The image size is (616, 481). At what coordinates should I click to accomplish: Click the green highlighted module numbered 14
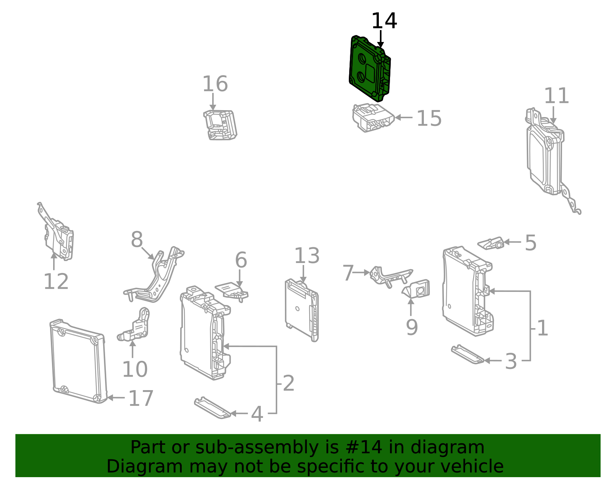(369, 69)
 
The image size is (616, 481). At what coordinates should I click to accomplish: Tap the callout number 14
(384, 21)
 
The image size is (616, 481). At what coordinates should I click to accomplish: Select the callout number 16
(215, 84)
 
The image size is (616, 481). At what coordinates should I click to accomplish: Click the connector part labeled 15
(373, 117)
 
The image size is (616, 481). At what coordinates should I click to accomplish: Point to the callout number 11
(556, 96)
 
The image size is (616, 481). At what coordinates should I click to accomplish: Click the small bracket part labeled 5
(491, 243)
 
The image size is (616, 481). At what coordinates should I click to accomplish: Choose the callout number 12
(56, 282)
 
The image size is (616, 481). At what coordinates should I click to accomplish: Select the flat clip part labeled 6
(232, 292)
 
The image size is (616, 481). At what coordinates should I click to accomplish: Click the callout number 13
(307, 256)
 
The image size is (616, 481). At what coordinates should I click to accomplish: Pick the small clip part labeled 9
(416, 289)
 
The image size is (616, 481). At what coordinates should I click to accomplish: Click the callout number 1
(542, 328)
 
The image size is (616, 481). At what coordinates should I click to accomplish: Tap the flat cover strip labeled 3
(467, 354)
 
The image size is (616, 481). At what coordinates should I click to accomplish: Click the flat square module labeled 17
(79, 361)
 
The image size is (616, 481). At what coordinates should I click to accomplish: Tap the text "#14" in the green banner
(365, 447)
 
